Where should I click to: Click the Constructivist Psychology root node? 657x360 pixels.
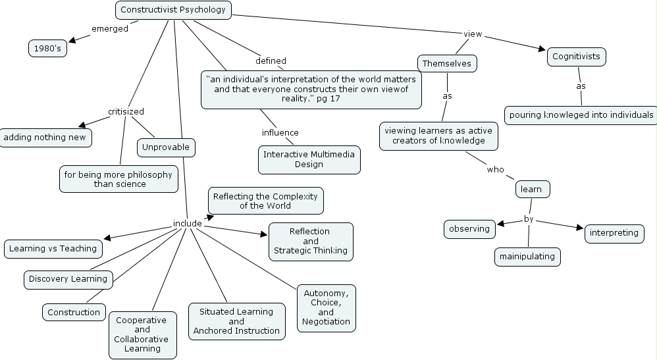pyautogui.click(x=173, y=10)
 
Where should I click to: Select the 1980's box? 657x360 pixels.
pyautogui.click(x=47, y=49)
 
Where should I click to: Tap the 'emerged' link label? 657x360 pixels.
pyautogui.click(x=110, y=28)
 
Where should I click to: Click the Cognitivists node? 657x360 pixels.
pyautogui.click(x=576, y=57)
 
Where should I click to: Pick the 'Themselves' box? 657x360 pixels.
pyautogui.click(x=447, y=63)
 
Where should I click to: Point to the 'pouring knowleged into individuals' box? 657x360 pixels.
pyautogui.click(x=581, y=115)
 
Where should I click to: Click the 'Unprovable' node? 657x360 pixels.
pyautogui.click(x=166, y=147)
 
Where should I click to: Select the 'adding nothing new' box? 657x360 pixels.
pyautogui.click(x=45, y=138)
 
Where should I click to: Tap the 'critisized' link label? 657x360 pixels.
pyautogui.click(x=126, y=111)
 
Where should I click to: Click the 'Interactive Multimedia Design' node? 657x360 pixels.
pyautogui.click(x=309, y=159)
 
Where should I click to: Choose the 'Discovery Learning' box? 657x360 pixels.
pyautogui.click(x=68, y=279)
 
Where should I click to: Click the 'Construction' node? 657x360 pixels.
pyautogui.click(x=74, y=313)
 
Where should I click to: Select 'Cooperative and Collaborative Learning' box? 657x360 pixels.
pyautogui.click(x=142, y=334)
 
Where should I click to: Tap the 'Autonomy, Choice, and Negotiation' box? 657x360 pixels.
pyautogui.click(x=326, y=307)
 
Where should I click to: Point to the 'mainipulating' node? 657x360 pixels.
pyautogui.click(x=527, y=257)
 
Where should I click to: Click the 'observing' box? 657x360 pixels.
pyautogui.click(x=469, y=229)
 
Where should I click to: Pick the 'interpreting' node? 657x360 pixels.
pyautogui.click(x=614, y=233)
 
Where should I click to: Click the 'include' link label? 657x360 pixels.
pyautogui.click(x=187, y=223)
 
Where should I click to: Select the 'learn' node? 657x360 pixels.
pyautogui.click(x=531, y=190)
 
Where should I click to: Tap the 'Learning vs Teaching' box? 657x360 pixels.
pyautogui.click(x=53, y=249)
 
